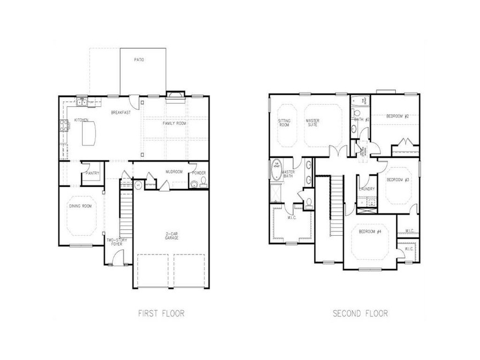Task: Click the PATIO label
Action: [139, 60]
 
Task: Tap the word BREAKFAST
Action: [120, 113]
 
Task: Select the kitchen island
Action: [88, 133]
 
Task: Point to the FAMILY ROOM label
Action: [174, 124]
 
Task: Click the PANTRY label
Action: [92, 173]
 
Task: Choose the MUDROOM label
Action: [174, 172]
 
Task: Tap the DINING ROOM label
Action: [79, 206]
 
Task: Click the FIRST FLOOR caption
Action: [161, 313]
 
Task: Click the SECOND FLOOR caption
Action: [361, 313]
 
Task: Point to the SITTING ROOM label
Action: [284, 123]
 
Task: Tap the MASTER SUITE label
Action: [313, 123]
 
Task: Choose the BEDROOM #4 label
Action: [370, 231]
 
